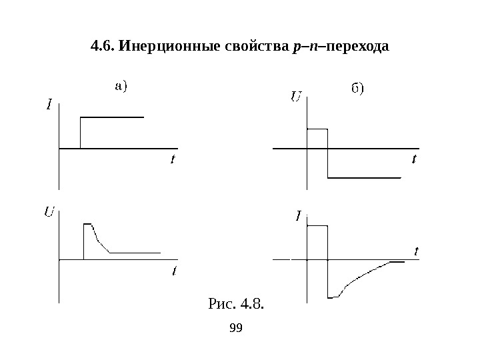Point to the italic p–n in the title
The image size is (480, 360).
301,48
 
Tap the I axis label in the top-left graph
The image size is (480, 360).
49,104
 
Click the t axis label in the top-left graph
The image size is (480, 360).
173,159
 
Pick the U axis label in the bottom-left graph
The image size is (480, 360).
49,213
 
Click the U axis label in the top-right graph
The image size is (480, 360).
295,98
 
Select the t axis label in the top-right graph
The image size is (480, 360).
414,159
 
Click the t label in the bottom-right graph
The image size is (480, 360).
416,251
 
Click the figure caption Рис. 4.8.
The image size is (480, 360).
237,305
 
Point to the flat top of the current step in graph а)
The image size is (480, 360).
111,117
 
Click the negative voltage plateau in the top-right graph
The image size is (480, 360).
363,178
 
